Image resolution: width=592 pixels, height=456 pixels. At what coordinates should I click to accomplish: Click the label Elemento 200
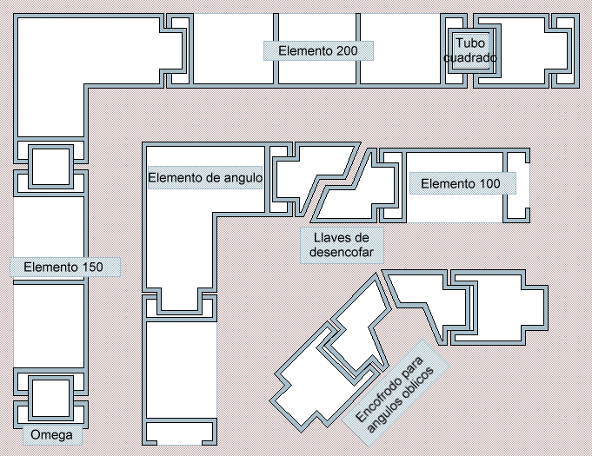coord(318,50)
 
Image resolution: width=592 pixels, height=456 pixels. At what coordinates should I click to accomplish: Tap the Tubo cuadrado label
coord(470,50)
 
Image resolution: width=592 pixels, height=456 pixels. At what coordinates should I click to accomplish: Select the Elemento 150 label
coord(64,267)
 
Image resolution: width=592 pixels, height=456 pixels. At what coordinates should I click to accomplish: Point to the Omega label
coord(52,435)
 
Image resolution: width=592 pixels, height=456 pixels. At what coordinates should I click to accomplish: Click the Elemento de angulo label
coord(205,177)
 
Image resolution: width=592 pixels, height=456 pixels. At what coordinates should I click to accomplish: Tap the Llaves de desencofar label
coord(342,245)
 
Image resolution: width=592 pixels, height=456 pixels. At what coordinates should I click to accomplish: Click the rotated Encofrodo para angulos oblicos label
coord(395,393)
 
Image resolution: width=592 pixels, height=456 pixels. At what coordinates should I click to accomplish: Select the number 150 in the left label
coord(89,267)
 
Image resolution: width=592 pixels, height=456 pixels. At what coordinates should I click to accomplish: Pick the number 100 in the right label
coord(486,183)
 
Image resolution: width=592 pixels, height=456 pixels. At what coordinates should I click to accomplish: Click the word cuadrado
coord(470,57)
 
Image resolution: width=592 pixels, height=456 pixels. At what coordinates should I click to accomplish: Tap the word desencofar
coord(342,252)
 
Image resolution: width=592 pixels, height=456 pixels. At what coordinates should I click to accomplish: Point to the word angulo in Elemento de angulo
coord(243,178)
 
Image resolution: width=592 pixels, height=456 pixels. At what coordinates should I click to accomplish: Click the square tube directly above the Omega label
coord(51,399)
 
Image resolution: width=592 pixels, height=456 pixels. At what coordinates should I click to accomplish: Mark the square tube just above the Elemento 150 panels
coord(51,167)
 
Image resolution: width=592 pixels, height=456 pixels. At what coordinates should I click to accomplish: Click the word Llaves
coord(342,238)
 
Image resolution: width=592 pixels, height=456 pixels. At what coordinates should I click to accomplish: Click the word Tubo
coord(470,43)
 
